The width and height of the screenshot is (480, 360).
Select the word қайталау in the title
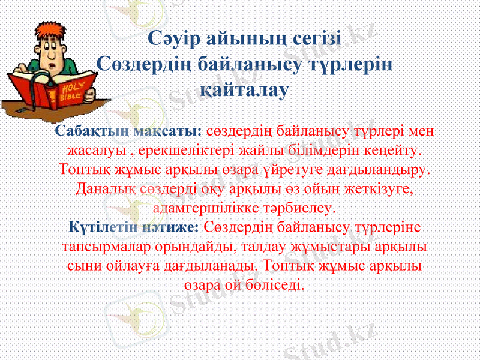click(x=244, y=91)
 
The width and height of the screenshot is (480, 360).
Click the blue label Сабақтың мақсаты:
click(x=128, y=130)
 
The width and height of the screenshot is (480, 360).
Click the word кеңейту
click(x=393, y=147)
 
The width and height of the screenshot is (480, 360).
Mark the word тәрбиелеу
click(x=307, y=208)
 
